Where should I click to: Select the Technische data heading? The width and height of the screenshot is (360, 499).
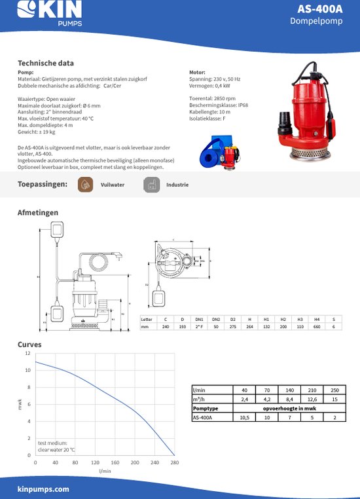pyautogui.click(x=45, y=64)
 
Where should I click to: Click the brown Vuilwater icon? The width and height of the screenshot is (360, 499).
pyautogui.click(x=84, y=185)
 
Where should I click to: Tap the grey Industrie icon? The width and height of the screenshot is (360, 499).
pyautogui.click(x=151, y=185)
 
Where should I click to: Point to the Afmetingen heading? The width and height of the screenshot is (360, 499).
pyautogui.click(x=37, y=213)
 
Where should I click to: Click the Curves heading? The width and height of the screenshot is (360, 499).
pyautogui.click(x=29, y=344)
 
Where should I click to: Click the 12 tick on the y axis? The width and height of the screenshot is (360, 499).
pyautogui.click(x=27, y=353)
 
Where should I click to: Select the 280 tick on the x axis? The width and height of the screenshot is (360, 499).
pyautogui.click(x=175, y=462)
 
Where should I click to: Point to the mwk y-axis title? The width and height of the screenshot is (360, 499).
pyautogui.click(x=19, y=405)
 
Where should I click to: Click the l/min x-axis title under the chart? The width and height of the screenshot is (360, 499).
pyautogui.click(x=105, y=470)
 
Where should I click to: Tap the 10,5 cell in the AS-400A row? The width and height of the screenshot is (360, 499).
pyautogui.click(x=244, y=416)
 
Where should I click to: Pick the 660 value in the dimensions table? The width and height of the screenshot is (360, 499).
pyautogui.click(x=317, y=326)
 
